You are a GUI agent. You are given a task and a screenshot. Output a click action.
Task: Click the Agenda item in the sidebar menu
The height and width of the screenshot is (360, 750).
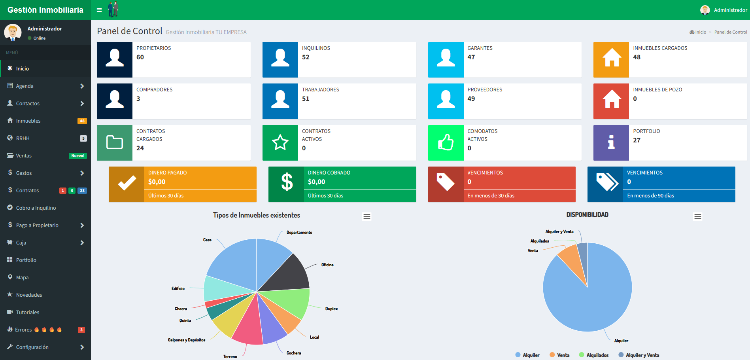point(25,86)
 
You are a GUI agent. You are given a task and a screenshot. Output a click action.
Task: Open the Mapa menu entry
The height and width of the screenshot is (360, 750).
point(22,277)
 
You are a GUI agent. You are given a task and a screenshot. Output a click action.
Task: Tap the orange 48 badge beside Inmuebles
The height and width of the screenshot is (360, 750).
point(82,121)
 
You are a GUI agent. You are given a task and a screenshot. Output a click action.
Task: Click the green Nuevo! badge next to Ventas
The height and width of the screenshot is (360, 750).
point(78,156)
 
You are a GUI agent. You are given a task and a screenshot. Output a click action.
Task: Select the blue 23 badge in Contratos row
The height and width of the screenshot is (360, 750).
point(82,191)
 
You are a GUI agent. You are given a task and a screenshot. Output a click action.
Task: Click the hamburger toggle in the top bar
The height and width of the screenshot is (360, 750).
point(99,10)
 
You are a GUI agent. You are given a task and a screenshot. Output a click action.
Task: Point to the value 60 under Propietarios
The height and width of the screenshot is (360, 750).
point(140,57)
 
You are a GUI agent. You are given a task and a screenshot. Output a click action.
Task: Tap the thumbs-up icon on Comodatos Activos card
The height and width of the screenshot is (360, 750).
point(446,142)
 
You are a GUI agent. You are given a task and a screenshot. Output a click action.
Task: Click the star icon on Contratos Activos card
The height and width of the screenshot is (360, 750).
point(280,142)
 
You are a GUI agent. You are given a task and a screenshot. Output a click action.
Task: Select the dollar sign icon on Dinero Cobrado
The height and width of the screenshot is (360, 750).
point(287,182)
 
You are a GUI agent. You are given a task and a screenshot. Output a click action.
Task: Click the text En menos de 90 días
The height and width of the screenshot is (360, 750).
point(650,196)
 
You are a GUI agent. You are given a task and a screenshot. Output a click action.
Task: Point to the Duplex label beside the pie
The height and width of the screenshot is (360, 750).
point(331,309)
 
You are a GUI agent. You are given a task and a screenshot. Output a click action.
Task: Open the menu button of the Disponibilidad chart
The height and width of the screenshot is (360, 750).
point(697,217)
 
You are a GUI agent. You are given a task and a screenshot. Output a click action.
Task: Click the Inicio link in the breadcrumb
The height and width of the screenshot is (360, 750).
point(700,32)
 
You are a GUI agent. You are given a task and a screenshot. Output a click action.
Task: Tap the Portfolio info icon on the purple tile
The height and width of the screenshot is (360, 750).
point(611,142)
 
